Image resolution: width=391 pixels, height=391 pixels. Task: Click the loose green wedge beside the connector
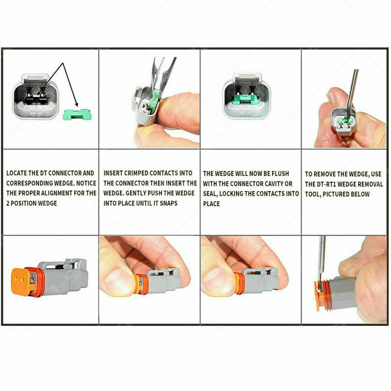[77, 114]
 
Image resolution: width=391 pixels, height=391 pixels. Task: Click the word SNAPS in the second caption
[168, 203]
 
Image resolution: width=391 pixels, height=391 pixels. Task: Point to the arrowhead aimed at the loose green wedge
[76, 104]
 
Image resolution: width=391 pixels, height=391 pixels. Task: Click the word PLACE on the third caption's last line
[211, 204]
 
